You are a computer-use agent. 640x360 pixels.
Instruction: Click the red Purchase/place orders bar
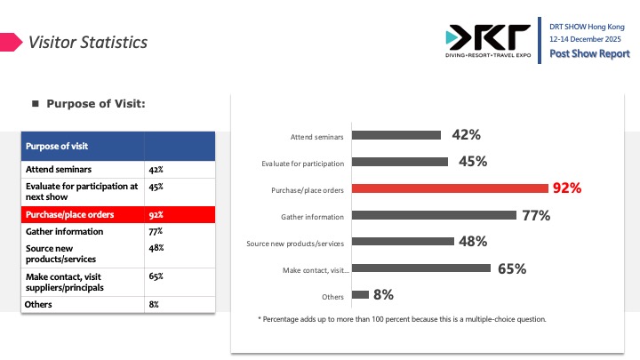click(x=450, y=188)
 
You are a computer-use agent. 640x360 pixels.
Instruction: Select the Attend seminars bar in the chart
click(x=396, y=135)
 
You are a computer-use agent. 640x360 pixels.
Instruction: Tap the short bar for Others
click(x=360, y=295)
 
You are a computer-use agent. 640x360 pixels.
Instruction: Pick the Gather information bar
click(x=434, y=215)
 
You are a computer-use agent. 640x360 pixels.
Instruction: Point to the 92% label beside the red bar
click(x=566, y=188)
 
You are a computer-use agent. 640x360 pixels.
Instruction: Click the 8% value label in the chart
click(x=384, y=295)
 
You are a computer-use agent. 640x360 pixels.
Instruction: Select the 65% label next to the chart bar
click(x=512, y=268)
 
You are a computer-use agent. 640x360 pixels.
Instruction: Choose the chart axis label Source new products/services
click(x=295, y=243)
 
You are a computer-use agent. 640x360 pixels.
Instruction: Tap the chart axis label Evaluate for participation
click(x=303, y=163)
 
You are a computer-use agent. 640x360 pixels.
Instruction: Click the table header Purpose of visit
click(x=56, y=146)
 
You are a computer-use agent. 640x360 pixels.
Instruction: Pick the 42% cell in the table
click(x=155, y=168)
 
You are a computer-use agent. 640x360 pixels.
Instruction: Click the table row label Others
click(x=39, y=304)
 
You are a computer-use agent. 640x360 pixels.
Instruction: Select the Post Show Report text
click(x=589, y=54)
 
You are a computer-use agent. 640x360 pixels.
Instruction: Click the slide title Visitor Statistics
click(x=88, y=42)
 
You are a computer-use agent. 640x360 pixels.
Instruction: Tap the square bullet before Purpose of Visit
click(x=36, y=104)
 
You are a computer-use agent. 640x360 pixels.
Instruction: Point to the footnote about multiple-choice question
click(x=402, y=318)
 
